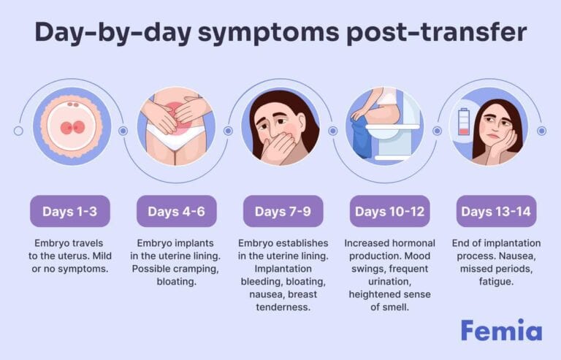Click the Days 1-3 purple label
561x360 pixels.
tap(69, 211)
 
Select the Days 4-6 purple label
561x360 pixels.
tap(176, 211)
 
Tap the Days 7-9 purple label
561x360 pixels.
tap(283, 211)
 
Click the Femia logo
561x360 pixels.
tap(500, 330)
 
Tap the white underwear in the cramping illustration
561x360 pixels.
tap(176, 138)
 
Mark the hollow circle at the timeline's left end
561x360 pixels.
tap(18, 131)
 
